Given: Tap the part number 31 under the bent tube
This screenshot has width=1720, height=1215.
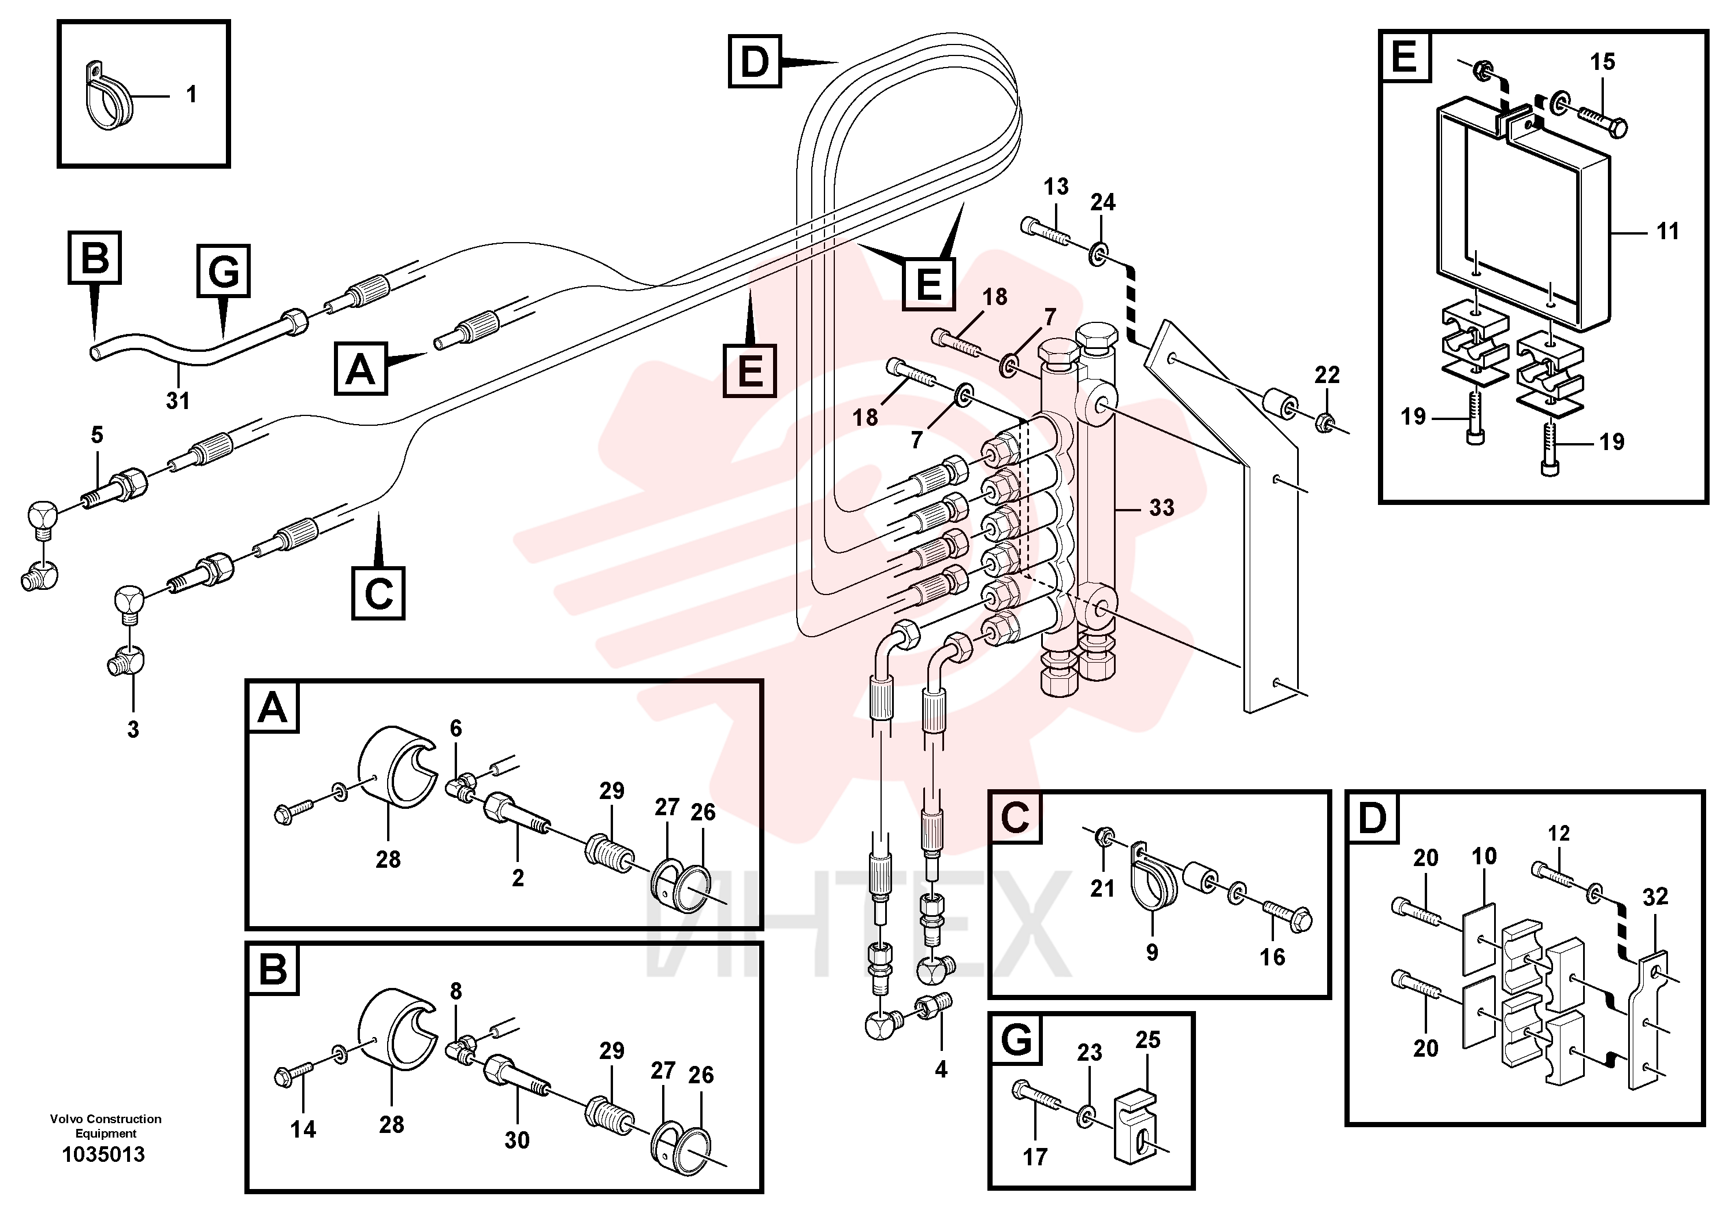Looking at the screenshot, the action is coord(177,401).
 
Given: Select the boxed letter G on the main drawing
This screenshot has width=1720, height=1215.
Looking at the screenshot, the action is coord(223,270).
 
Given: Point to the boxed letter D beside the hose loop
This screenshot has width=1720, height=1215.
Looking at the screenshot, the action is coord(755,61).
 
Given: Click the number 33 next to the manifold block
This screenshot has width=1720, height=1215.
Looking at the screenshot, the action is coord(1161,507).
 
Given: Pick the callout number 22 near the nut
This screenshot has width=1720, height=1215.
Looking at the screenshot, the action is coord(1327,374).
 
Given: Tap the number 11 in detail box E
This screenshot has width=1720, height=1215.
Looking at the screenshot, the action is coord(1667,232).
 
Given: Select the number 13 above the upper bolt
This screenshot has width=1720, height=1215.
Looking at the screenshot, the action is coord(1056,187).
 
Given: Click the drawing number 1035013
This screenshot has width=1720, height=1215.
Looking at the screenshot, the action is coord(103,1154).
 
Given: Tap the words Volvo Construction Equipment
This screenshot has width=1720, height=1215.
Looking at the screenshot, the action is coord(106,1126).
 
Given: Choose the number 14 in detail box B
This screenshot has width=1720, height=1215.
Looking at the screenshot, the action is coord(303,1129).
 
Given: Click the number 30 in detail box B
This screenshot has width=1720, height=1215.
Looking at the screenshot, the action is coord(517,1140).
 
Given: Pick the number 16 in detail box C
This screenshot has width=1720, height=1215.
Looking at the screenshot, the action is coord(1272,957).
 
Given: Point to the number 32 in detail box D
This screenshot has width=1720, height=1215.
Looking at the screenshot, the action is coord(1655,897).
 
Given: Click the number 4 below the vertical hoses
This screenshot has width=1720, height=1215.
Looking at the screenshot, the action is coord(941,1069).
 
